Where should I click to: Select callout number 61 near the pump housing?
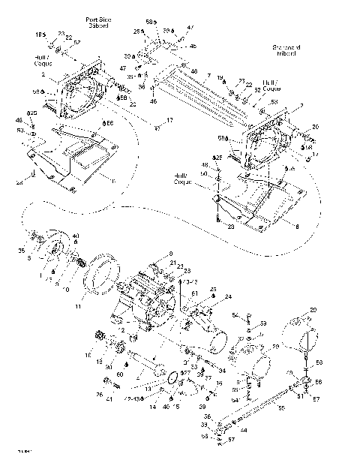point(193,293)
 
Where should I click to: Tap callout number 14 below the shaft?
point(152,407)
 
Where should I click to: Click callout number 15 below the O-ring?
point(178,407)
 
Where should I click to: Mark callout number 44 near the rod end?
point(244,431)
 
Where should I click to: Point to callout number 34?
point(223,370)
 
